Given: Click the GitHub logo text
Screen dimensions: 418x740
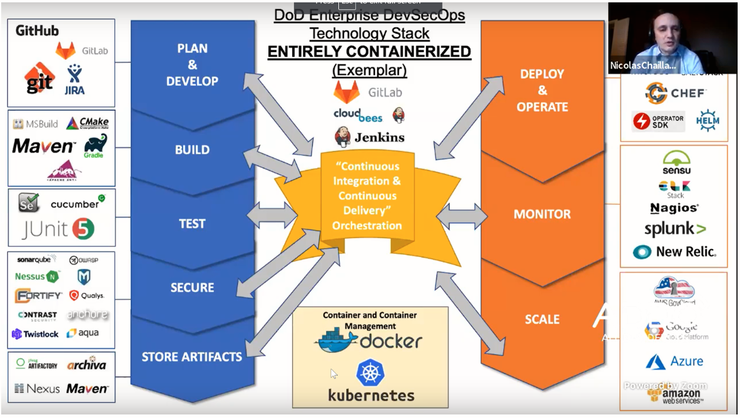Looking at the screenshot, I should click(37, 30).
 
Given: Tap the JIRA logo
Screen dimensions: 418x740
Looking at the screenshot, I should click(74, 80).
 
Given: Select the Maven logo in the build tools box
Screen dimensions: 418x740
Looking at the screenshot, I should click(44, 146).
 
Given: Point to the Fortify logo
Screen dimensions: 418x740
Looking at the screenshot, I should click(38, 295).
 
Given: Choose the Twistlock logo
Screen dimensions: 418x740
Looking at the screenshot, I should click(35, 334).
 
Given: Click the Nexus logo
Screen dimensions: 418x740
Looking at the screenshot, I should click(37, 388).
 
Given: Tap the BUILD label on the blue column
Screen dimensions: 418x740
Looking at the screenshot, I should click(192, 150).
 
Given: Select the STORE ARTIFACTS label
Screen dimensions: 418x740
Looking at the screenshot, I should click(192, 357).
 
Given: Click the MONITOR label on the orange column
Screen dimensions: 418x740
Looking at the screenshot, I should click(542, 214).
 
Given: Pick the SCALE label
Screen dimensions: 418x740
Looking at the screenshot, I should click(542, 319).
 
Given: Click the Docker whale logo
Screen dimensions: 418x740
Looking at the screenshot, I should click(336, 341).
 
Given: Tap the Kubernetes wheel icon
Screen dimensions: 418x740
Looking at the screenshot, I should click(371, 373).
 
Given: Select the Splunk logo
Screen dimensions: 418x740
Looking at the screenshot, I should click(675, 230).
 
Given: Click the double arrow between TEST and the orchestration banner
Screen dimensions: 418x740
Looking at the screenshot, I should click(272, 216).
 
